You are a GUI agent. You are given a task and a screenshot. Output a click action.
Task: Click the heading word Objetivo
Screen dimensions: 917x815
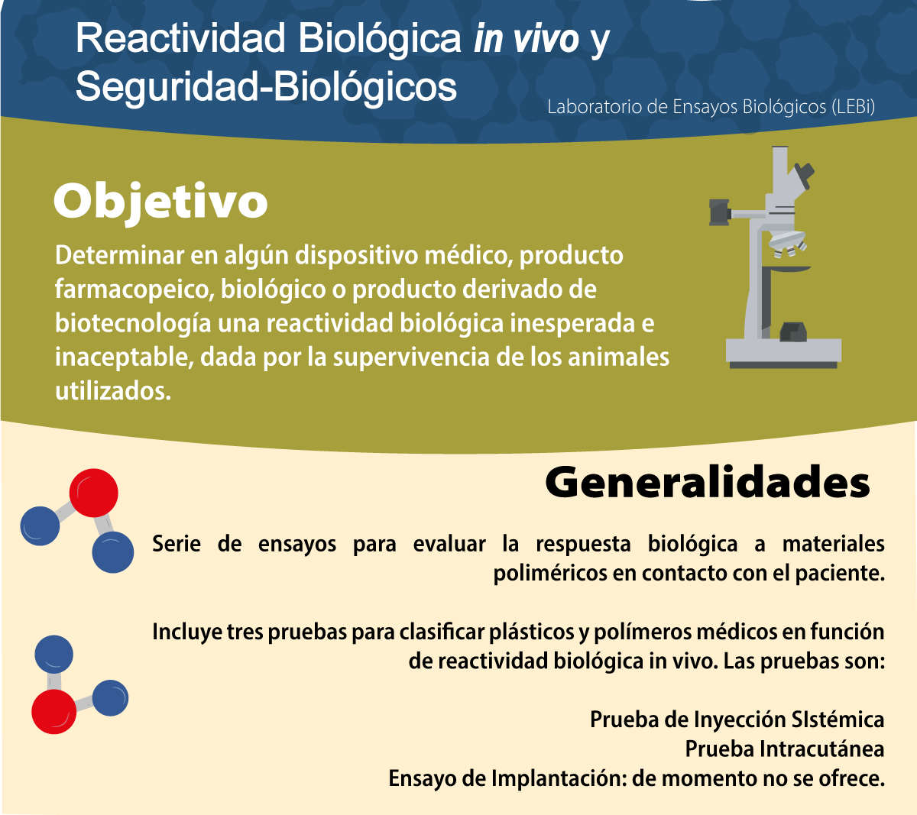point(160,202)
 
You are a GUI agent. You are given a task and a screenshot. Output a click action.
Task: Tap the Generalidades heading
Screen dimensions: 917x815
point(708,483)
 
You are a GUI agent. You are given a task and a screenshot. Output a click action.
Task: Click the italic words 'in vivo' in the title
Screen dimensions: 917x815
point(527,38)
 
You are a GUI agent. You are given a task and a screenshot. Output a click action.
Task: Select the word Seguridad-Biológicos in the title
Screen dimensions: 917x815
point(266,87)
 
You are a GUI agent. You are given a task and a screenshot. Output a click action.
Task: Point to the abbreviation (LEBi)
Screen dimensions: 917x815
point(854,107)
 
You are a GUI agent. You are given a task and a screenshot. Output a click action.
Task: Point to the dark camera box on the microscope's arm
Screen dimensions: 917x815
point(720,212)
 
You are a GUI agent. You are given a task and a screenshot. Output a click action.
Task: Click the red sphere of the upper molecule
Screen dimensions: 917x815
point(94,493)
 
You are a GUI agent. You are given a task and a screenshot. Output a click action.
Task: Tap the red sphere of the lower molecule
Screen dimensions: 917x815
point(53,711)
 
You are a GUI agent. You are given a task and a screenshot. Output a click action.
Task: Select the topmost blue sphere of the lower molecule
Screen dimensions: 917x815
point(53,654)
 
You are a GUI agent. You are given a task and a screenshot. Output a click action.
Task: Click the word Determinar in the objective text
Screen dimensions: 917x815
point(119,255)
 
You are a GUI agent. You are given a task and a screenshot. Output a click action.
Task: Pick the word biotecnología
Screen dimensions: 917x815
point(133,324)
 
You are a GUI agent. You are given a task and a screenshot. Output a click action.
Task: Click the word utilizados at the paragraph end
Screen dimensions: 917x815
point(113,391)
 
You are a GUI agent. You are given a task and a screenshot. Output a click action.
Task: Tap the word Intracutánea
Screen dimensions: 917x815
point(822,749)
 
